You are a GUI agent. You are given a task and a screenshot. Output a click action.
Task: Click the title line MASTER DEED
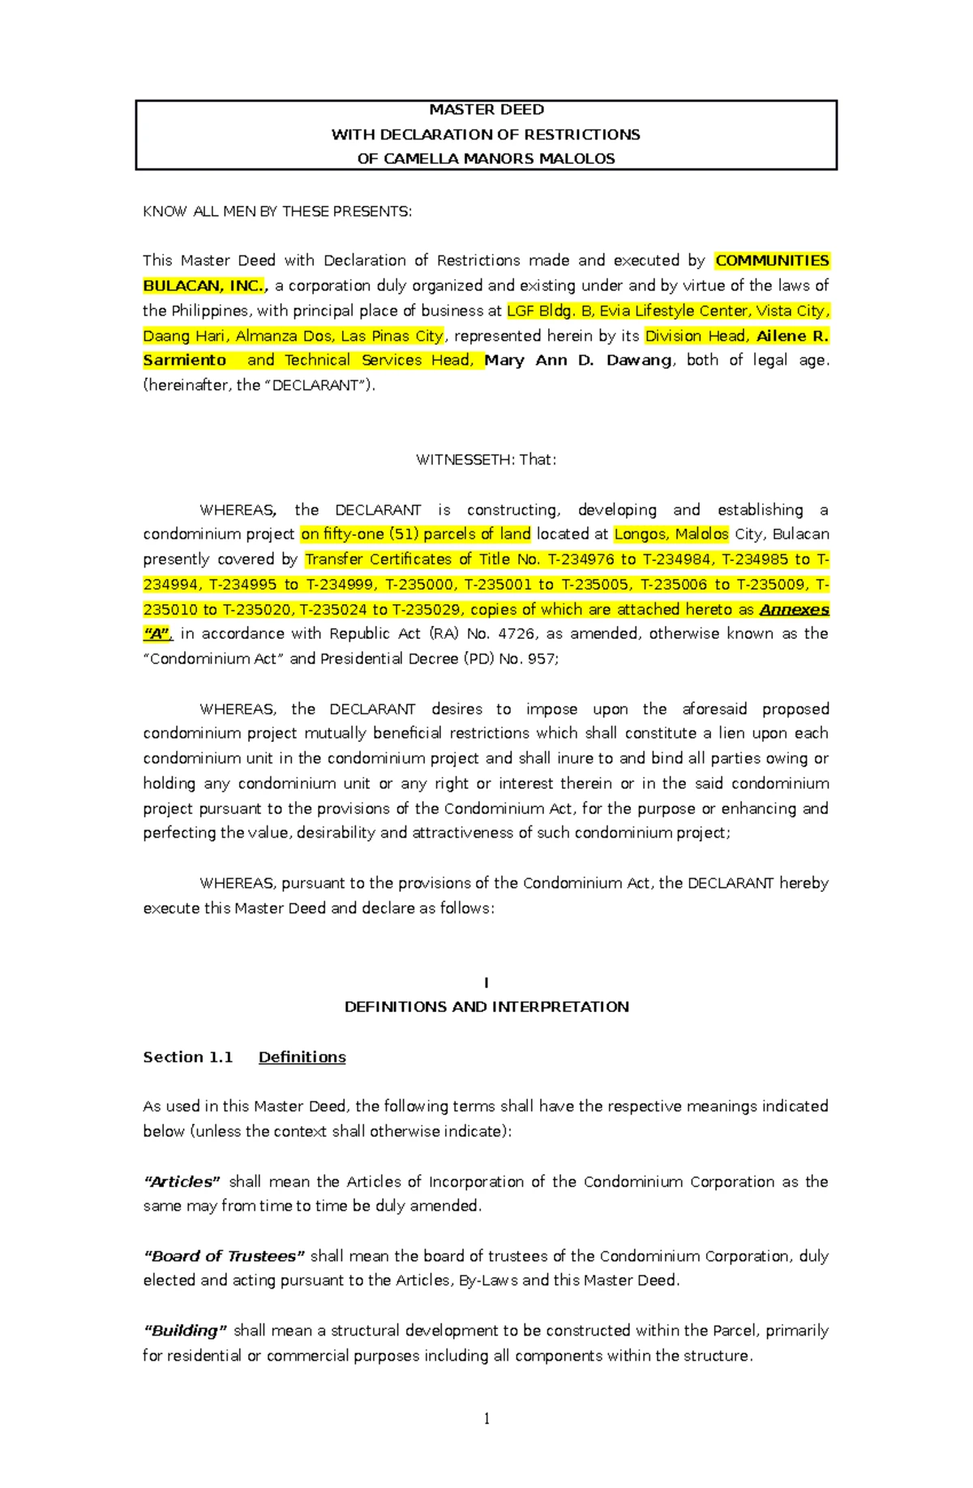pos(486,109)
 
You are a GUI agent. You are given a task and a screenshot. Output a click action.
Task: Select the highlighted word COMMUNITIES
pos(771,260)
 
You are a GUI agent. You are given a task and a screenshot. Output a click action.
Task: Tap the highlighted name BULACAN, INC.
pos(204,285)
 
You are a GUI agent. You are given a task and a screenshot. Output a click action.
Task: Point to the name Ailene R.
pos(791,336)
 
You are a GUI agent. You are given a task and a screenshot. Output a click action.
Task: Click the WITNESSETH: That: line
pos(486,460)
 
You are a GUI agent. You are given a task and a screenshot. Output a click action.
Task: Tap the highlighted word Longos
pos(642,534)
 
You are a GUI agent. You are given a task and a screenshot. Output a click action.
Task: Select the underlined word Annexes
pos(793,610)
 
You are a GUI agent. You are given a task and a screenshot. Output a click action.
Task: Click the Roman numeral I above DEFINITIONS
pos(486,983)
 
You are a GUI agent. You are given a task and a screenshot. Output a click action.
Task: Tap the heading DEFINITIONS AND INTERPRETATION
pos(486,1007)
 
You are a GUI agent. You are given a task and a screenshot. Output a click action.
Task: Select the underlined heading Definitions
pos(302,1057)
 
